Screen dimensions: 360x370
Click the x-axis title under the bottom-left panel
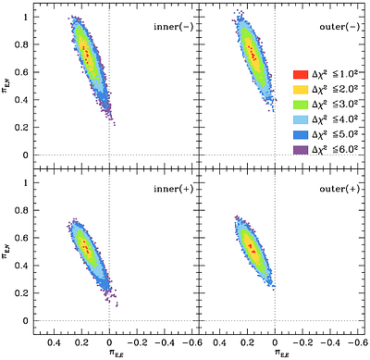coord(110,353)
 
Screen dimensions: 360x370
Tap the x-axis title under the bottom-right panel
coord(276,353)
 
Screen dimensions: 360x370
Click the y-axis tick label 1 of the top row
coord(23,16)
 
